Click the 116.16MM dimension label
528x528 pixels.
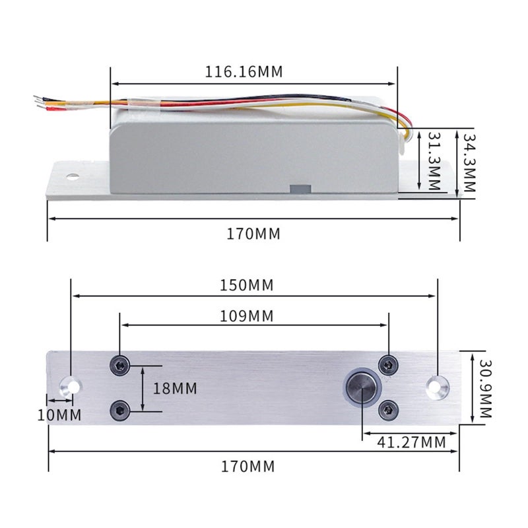[x=244, y=72]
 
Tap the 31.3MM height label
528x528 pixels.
[x=434, y=161]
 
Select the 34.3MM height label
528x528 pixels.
[x=469, y=162]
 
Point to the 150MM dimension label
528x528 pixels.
[x=246, y=285]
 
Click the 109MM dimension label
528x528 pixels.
[x=246, y=316]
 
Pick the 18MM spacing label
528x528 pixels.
[x=175, y=389]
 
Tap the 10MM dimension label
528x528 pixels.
[x=59, y=415]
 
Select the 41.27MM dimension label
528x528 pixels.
[x=411, y=442]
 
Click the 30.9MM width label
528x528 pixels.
[x=486, y=389]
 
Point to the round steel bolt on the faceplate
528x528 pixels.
[x=362, y=387]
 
